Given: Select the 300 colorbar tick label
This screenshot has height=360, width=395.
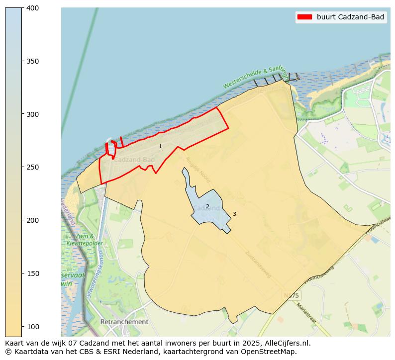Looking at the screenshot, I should tap(32, 114).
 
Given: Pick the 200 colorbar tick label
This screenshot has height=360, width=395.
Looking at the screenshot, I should tap(32, 220).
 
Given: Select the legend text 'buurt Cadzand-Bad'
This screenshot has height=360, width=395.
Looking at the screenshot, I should tap(350, 17).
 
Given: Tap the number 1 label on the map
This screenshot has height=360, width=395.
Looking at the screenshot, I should tap(160, 146).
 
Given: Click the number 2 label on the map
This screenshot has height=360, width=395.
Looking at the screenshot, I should tap(207, 206).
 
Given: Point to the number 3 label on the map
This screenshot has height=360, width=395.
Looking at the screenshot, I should tap(234, 214).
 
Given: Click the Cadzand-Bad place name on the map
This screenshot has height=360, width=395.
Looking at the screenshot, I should tap(134, 160).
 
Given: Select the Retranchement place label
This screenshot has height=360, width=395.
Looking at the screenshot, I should tap(124, 322).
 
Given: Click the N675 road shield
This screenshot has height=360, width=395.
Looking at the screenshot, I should tap(291, 295).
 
